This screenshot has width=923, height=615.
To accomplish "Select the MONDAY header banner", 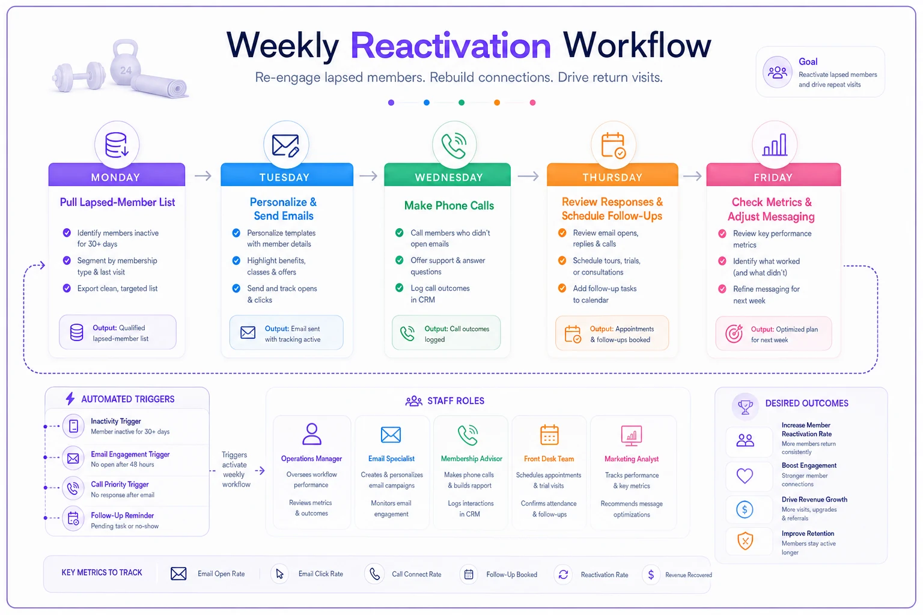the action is [117, 175].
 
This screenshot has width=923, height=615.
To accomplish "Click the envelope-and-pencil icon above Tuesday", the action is [285, 145].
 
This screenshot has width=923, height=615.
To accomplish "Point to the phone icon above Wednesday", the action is [454, 145].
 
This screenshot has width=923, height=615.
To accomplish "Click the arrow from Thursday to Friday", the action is [692, 177].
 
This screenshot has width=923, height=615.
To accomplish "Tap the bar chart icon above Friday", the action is [775, 145].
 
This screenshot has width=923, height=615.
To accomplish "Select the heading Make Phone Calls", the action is [449, 205].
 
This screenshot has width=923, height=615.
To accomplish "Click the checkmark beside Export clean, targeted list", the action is [67, 288].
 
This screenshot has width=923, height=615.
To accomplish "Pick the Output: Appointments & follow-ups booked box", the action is [612, 333].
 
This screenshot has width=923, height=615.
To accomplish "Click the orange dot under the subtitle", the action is [497, 103].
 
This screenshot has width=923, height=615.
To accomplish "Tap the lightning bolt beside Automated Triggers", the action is [70, 399].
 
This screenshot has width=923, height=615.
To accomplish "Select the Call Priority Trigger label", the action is [120, 485].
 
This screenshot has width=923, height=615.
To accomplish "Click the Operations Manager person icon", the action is [312, 434].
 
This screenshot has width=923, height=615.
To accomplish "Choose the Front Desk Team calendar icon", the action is [549, 435].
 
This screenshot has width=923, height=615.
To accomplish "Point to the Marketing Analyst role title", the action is [632, 459].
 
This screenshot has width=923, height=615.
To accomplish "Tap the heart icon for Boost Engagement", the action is [745, 476].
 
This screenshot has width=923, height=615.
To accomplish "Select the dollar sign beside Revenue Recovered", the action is [651, 575].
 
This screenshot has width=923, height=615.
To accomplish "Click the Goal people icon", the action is [777, 73].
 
